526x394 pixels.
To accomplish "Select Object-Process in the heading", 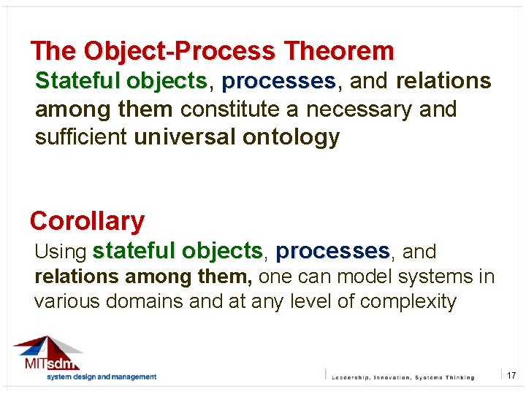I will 180,51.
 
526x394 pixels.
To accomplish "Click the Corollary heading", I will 87,220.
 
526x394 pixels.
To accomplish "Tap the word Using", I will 61,252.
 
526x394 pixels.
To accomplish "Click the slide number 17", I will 511,375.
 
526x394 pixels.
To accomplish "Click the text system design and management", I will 102,377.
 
